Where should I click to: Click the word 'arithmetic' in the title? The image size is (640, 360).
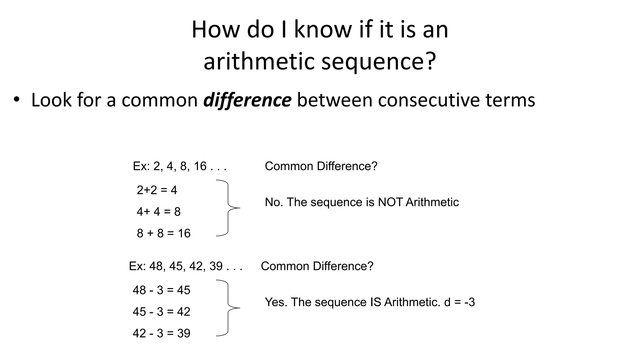(259, 61)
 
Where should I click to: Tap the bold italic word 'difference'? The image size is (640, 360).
(247, 100)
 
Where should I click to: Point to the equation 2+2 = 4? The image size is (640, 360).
(157, 190)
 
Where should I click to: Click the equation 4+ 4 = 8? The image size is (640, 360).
(158, 212)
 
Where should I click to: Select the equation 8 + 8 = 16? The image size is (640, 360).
(163, 233)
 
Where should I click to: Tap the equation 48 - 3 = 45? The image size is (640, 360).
(161, 290)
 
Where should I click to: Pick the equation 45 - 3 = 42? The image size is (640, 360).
(161, 312)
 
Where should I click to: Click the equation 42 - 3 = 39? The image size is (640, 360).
(161, 333)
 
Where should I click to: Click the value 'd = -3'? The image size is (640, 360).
(459, 302)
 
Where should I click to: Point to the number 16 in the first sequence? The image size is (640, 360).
(200, 166)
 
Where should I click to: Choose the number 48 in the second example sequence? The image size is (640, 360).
(156, 266)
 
